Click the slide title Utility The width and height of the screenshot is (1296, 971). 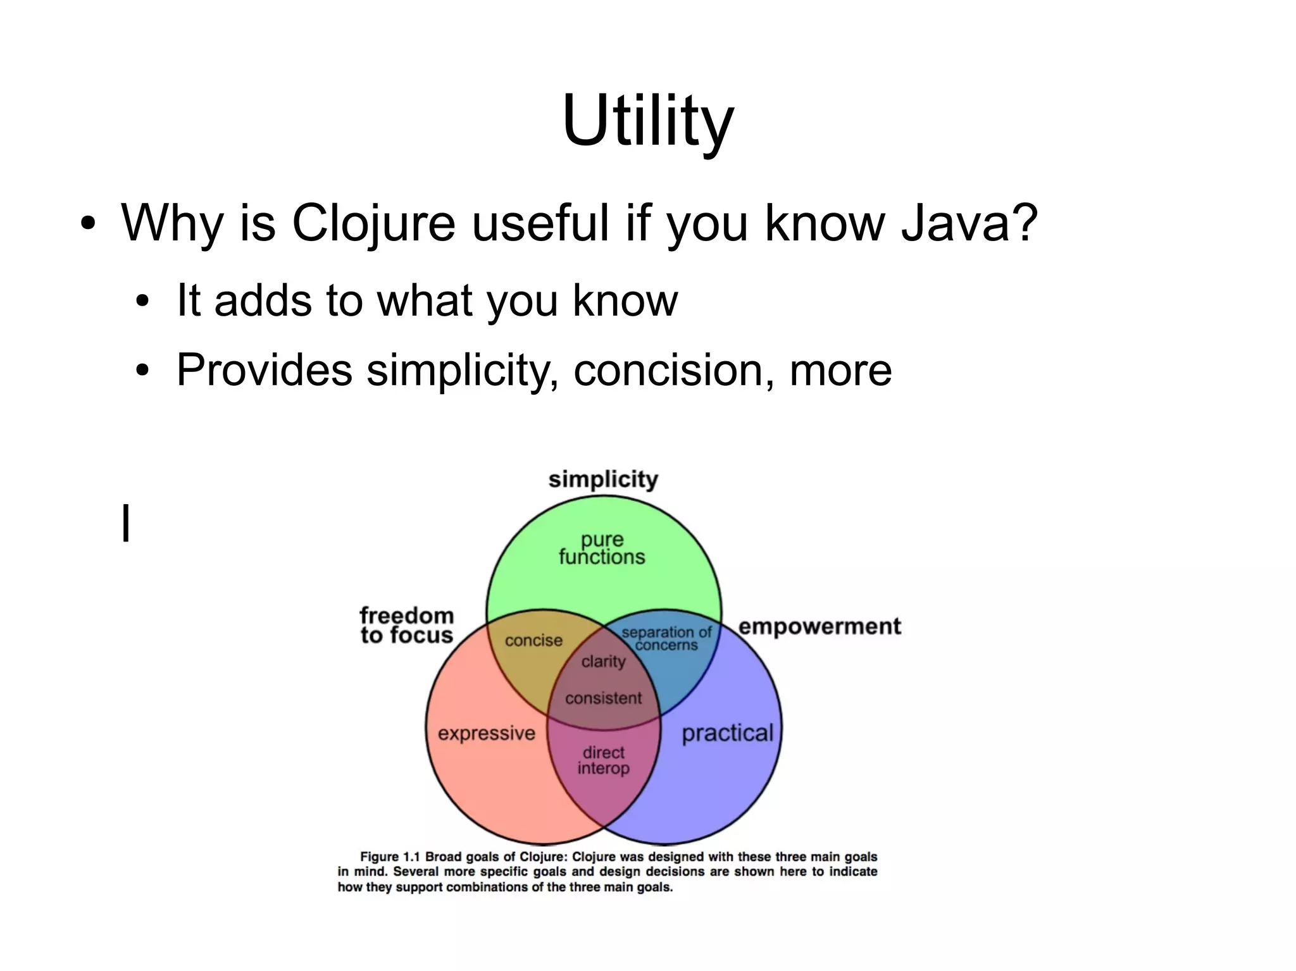(x=647, y=120)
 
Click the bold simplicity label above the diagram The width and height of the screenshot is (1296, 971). (x=603, y=479)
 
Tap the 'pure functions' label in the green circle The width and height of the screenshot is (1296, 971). (x=602, y=548)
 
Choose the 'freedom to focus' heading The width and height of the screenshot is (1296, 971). (x=407, y=625)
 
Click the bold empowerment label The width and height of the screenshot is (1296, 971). (x=819, y=626)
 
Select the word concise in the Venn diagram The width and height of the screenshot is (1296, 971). (x=533, y=641)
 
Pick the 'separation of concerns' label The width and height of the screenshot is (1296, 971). (x=666, y=638)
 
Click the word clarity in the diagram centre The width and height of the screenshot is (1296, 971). (x=603, y=662)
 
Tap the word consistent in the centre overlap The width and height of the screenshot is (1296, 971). (x=603, y=698)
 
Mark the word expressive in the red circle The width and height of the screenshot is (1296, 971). (x=487, y=733)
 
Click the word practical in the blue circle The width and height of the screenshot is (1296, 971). (x=728, y=733)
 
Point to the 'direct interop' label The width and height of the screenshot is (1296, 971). (x=603, y=760)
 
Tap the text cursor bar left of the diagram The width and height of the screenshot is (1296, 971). (x=126, y=523)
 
